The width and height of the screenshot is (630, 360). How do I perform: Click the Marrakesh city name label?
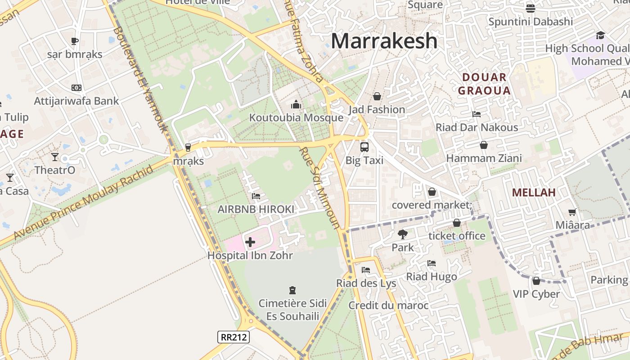click(384, 41)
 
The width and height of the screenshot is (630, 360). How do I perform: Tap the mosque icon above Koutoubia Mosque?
click(296, 105)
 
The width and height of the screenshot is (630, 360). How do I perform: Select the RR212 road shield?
click(234, 337)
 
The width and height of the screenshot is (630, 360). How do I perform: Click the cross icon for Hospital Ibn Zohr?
click(250, 242)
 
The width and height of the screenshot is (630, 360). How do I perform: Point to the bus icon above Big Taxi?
click(364, 147)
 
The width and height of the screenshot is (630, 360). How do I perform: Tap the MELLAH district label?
click(534, 193)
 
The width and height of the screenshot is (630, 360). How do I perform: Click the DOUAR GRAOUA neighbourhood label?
click(484, 84)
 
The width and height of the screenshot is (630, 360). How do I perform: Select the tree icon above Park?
click(402, 234)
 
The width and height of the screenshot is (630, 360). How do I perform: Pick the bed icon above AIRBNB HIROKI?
click(256, 196)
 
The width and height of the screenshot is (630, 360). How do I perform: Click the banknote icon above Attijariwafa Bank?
click(76, 88)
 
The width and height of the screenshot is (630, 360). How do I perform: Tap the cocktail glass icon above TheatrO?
click(55, 157)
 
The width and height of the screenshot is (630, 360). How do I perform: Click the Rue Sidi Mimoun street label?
click(320, 188)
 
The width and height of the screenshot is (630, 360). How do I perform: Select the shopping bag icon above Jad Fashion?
click(377, 96)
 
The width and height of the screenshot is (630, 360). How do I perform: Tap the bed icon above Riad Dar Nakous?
click(477, 114)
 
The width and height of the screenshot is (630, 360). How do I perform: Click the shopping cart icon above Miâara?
click(572, 212)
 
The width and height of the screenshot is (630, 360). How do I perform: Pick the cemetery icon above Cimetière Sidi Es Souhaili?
click(292, 290)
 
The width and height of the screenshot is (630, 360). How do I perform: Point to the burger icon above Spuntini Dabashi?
click(531, 8)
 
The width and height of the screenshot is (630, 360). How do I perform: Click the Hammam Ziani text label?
click(484, 158)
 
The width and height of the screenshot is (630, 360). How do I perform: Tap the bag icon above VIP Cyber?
click(536, 281)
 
